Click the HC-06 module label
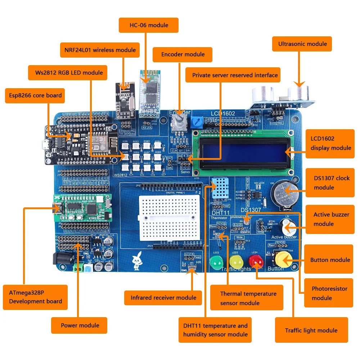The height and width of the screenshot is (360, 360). (149, 25)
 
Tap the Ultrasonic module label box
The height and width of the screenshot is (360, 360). (302, 44)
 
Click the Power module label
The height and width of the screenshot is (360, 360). (79, 325)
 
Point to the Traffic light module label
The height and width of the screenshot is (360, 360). (311, 330)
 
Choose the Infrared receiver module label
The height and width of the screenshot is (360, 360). (163, 297)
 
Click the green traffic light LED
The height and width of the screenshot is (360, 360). (217, 264)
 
